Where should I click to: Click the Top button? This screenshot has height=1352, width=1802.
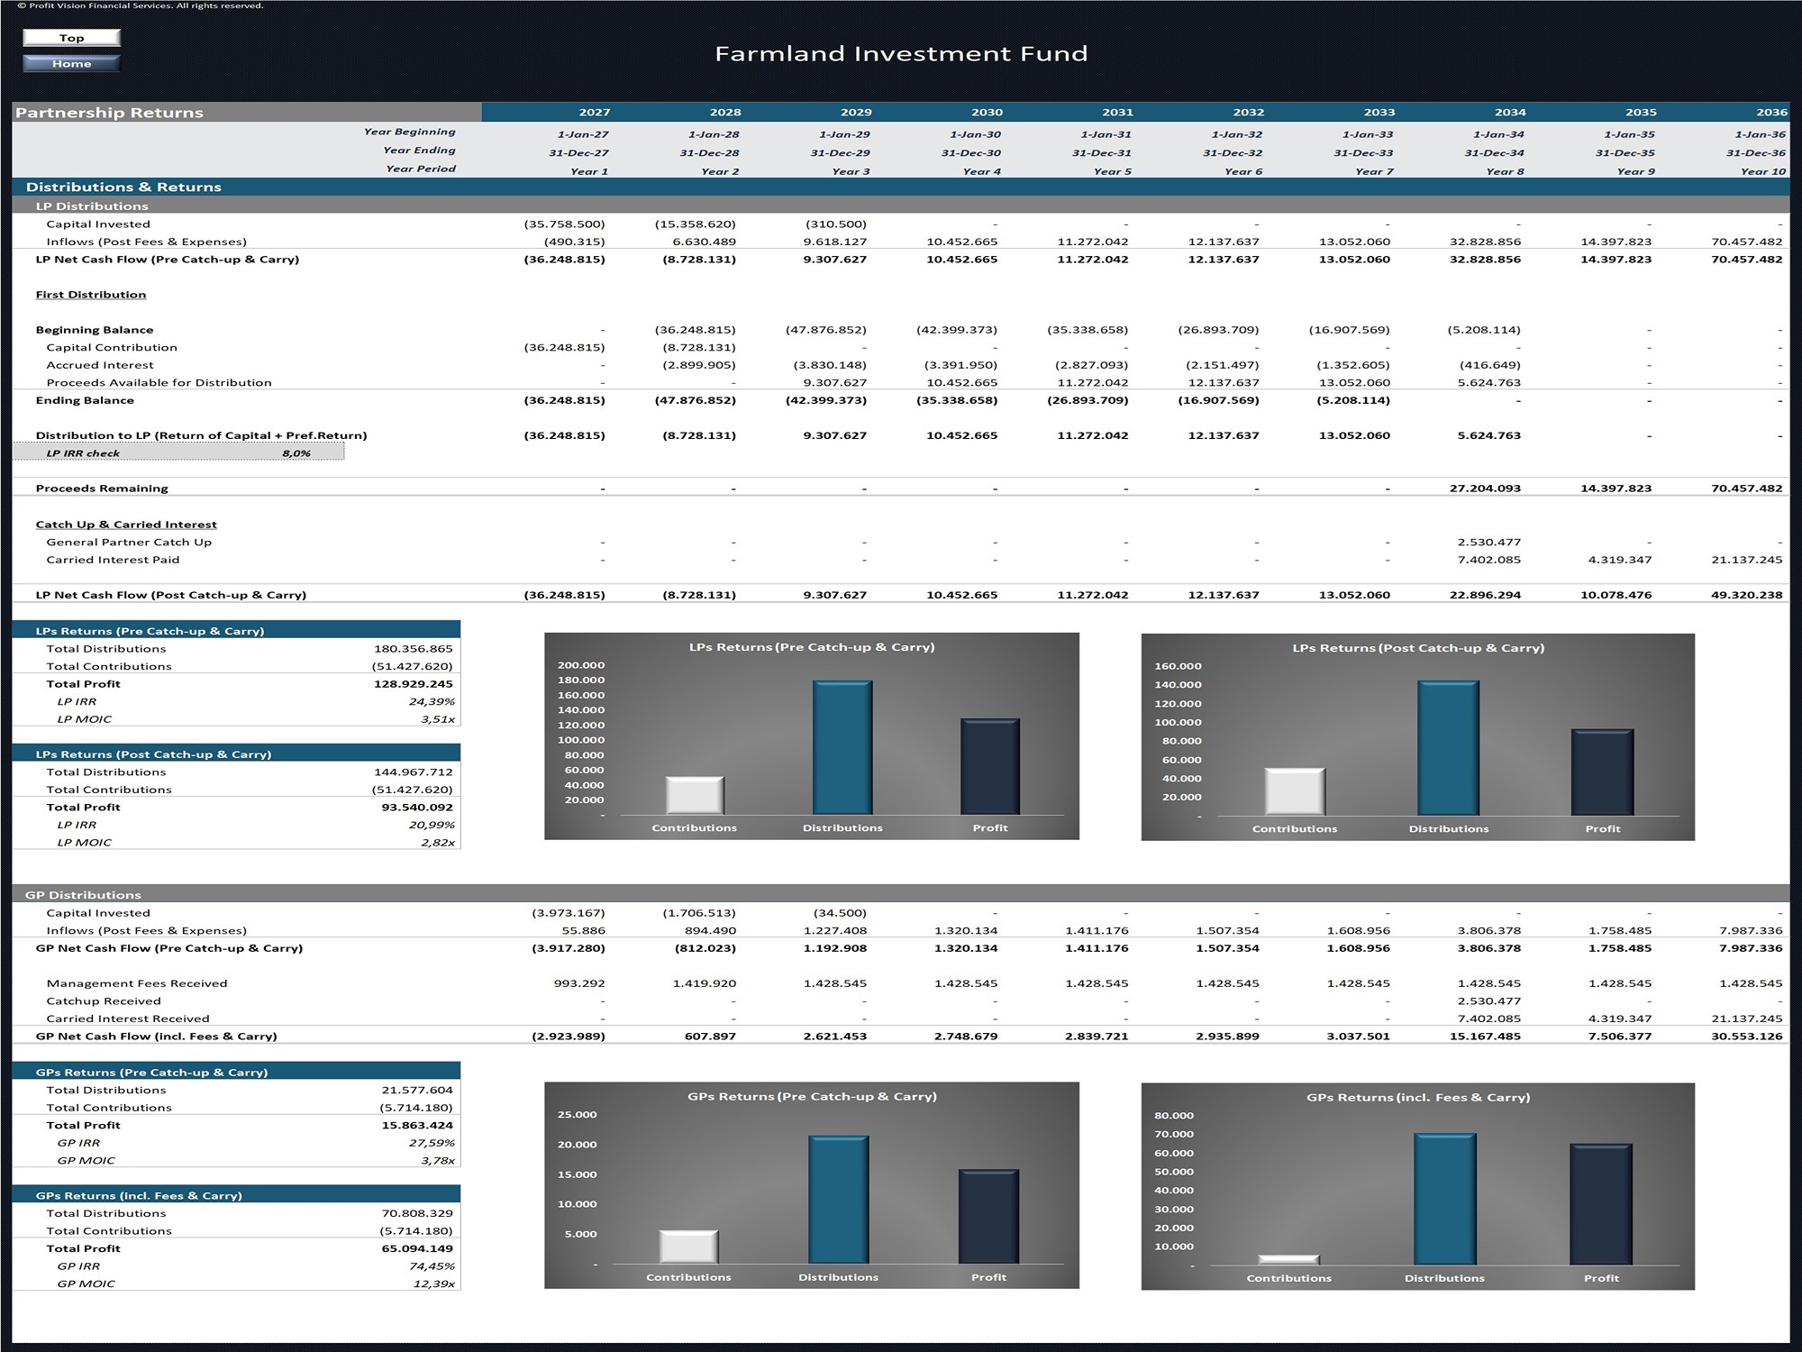[x=71, y=38]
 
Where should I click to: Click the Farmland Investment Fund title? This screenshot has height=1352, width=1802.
[x=901, y=54]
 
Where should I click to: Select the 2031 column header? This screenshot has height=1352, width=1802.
[x=1117, y=113]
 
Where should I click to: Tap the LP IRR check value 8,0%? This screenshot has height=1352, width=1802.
[x=296, y=453]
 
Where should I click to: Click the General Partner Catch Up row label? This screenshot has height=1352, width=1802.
[x=129, y=543]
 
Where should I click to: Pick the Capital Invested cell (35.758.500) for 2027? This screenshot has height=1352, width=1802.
[x=564, y=224]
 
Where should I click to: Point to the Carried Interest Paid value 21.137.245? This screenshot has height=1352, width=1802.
[x=1746, y=560]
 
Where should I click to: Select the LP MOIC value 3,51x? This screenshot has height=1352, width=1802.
[x=438, y=719]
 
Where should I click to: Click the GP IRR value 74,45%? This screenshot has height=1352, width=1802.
[x=432, y=1266]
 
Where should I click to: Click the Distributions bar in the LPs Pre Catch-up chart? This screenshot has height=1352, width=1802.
[x=842, y=748]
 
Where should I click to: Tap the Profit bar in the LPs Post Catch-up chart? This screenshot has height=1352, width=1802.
[x=1602, y=772]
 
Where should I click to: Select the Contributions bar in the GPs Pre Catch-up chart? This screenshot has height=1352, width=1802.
[x=688, y=1247]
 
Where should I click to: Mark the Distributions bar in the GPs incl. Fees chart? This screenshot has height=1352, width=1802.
[x=1444, y=1200]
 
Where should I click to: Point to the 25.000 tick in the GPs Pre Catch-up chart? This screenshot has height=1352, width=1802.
[x=577, y=1115]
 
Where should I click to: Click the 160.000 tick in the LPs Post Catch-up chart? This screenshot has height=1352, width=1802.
[x=1178, y=666]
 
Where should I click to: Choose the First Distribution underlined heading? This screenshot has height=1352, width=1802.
[x=90, y=295]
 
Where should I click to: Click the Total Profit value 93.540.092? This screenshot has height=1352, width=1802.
[x=417, y=808]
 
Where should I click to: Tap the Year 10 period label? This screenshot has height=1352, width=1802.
[x=1762, y=171]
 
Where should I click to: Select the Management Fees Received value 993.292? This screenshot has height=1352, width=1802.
[x=579, y=983]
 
